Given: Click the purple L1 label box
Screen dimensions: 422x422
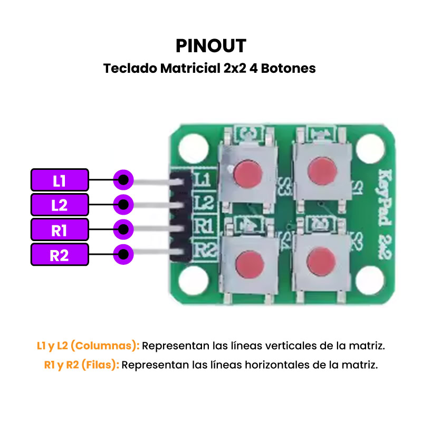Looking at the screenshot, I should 60,180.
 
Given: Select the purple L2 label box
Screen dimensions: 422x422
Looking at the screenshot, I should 60,205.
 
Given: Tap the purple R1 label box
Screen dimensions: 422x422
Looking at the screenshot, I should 60,229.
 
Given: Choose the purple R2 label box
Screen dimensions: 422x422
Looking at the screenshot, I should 60,255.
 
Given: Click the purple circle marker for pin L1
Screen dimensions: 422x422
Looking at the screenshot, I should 123,180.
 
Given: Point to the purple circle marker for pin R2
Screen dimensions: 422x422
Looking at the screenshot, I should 123,255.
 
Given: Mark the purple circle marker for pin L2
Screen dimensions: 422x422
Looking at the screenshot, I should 123,205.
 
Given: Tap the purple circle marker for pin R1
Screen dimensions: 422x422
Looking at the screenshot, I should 123,229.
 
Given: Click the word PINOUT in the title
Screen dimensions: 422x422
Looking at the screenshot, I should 211,46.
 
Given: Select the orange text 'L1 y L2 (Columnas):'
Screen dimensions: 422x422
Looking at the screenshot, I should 88,346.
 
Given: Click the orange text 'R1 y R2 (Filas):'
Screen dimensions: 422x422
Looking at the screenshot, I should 82,365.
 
